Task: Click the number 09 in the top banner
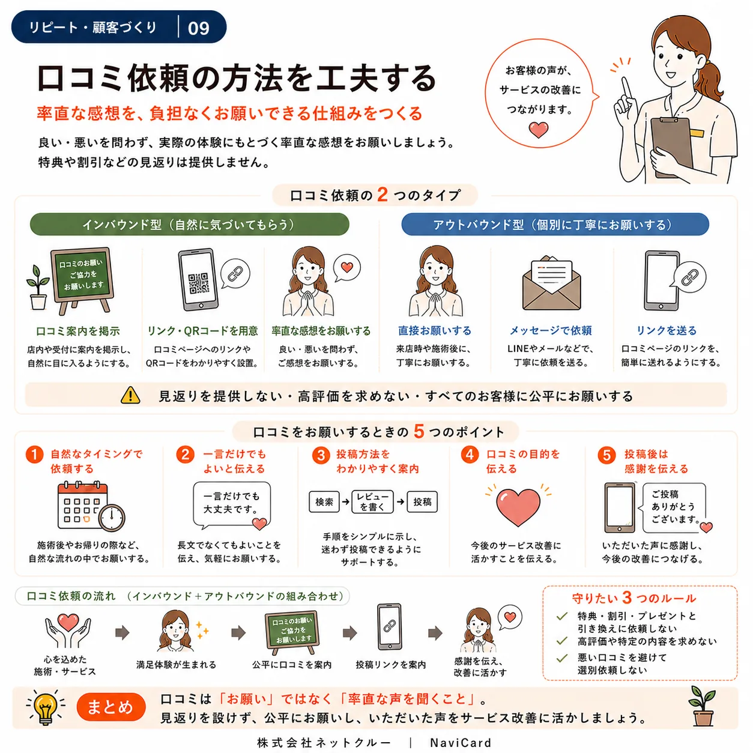[x=199, y=28]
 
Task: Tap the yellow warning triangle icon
[x=130, y=395]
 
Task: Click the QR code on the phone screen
[x=199, y=283]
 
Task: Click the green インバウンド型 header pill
[x=190, y=225]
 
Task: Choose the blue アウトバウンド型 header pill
[x=555, y=225]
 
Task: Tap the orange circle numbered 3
[x=321, y=456]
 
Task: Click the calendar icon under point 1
[x=91, y=507]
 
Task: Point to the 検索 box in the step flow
[x=324, y=502]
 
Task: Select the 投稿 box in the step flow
[x=422, y=502]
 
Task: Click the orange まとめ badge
[x=111, y=707]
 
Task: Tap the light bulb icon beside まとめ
[x=45, y=707]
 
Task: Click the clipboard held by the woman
[x=671, y=147]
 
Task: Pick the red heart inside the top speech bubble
[x=538, y=129]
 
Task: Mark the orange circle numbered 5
[x=606, y=456]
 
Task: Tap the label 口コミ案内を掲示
[x=77, y=331]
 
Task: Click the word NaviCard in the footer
[x=461, y=743]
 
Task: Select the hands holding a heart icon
[x=68, y=631]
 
